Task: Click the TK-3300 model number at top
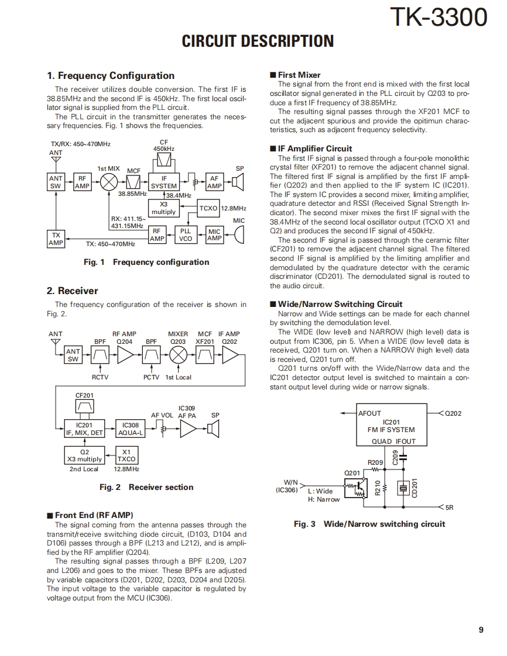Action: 439,18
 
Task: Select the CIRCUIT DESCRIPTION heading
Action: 258,42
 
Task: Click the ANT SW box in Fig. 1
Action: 56,182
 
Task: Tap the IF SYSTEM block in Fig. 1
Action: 164,182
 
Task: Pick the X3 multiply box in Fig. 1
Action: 163,208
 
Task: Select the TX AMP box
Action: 56,239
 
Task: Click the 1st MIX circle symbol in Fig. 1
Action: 109,182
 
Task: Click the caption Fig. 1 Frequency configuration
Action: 146,262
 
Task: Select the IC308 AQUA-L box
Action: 131,429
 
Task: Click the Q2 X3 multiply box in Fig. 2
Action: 84,455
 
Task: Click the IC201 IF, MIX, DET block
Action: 84,429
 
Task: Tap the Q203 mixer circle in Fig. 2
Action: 178,355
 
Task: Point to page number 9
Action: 481,630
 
